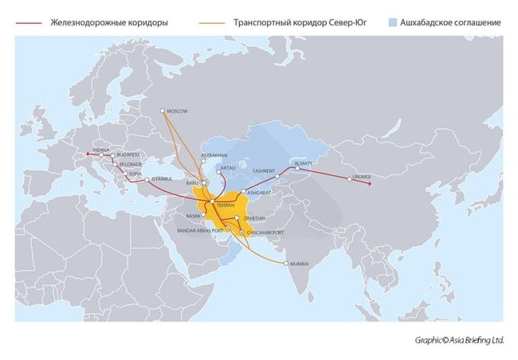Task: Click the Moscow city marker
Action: (x=162, y=111)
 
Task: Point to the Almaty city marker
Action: (x=298, y=168)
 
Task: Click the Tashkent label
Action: (x=263, y=170)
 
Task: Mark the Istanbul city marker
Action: (x=146, y=180)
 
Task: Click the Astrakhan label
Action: (x=214, y=154)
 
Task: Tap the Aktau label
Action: (x=228, y=168)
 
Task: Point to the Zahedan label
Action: (x=253, y=219)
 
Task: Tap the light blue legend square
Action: (x=392, y=22)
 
